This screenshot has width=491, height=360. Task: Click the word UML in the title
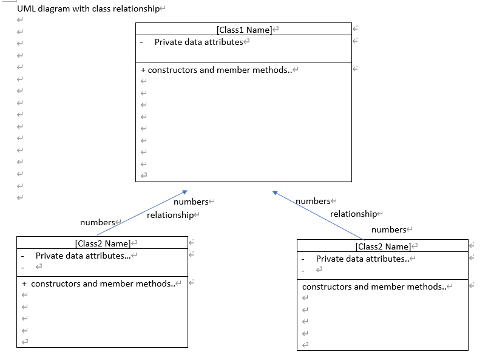26,9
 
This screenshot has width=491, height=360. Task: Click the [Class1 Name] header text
243,30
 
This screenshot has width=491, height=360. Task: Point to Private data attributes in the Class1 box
198,42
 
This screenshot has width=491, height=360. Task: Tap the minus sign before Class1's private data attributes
141,42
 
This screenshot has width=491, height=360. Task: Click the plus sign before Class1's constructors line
143,70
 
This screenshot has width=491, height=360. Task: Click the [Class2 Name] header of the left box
102,243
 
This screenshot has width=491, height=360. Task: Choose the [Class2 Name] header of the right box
382,246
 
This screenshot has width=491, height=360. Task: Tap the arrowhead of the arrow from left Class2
185,192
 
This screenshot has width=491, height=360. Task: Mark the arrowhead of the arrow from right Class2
276,193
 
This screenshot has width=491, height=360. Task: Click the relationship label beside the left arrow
169,215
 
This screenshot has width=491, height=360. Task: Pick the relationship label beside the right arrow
353,214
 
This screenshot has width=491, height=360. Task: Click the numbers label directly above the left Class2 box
97,222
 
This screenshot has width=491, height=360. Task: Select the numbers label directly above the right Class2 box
388,229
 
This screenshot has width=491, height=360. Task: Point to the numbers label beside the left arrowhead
191,202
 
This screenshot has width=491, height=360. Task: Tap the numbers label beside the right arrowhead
313,201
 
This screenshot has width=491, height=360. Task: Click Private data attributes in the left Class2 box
83,256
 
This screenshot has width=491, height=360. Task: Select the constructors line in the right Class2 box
374,287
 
